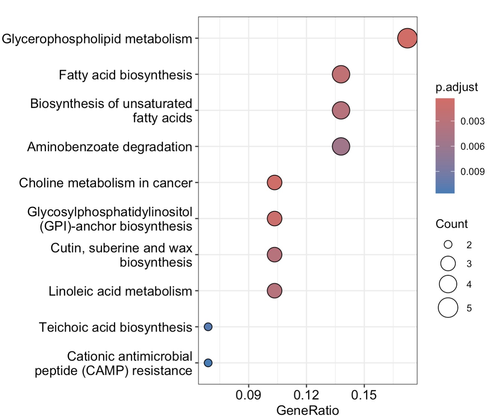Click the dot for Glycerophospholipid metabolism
pos(407,38)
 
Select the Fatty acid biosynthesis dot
pos(341,74)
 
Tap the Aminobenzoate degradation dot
pos(341,146)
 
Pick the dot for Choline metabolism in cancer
pos(274,182)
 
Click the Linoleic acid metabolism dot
pos(274,291)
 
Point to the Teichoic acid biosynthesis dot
pos(208,327)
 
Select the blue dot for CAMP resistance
pos(208,363)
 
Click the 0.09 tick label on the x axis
pos(249,395)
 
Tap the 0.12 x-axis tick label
pos(306,395)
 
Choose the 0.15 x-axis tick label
pos(364,395)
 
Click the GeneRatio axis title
pos(308,410)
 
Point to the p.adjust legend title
pos(456,87)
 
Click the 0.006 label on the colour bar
pos(472,146)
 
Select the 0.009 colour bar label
pos(472,172)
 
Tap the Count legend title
pos(452,224)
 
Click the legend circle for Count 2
pos(448,245)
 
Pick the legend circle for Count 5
pos(448,308)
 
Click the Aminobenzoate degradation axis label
pos(109,147)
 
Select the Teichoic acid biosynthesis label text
pos(115,327)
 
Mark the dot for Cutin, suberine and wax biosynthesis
pos(274,255)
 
